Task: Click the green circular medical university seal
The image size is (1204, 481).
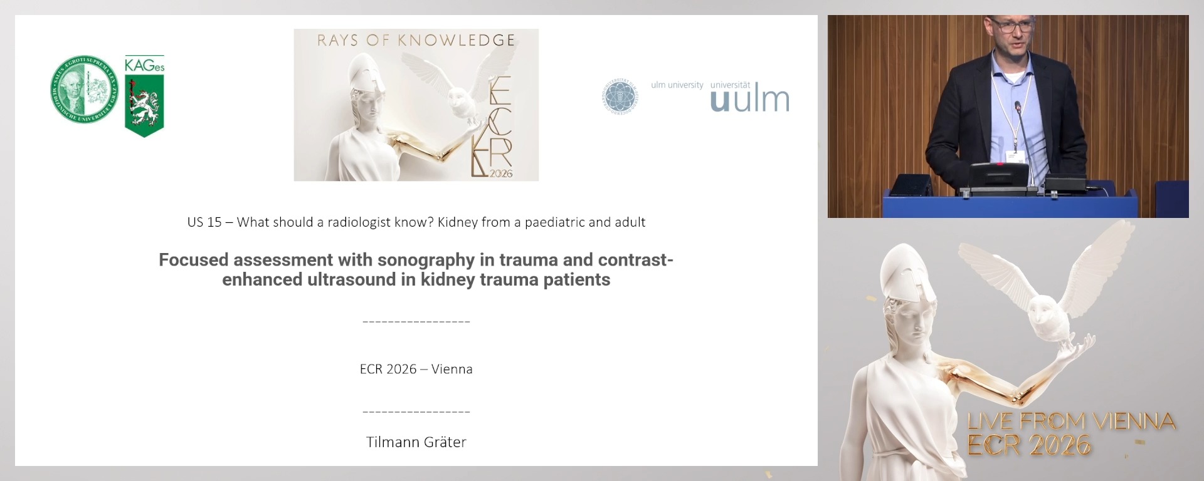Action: coord(84,89)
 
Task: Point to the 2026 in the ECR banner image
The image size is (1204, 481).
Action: coord(500,173)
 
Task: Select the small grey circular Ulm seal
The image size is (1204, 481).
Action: coord(619,96)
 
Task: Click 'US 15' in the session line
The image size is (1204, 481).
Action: coord(204,222)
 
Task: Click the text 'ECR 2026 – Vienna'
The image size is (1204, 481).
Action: coord(416,369)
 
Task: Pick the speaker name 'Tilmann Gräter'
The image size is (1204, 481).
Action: coord(416,442)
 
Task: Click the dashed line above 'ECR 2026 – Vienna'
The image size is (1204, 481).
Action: coord(416,322)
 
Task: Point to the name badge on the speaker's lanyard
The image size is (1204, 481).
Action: coord(1015,155)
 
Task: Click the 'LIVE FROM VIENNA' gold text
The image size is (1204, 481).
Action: coord(1071,421)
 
